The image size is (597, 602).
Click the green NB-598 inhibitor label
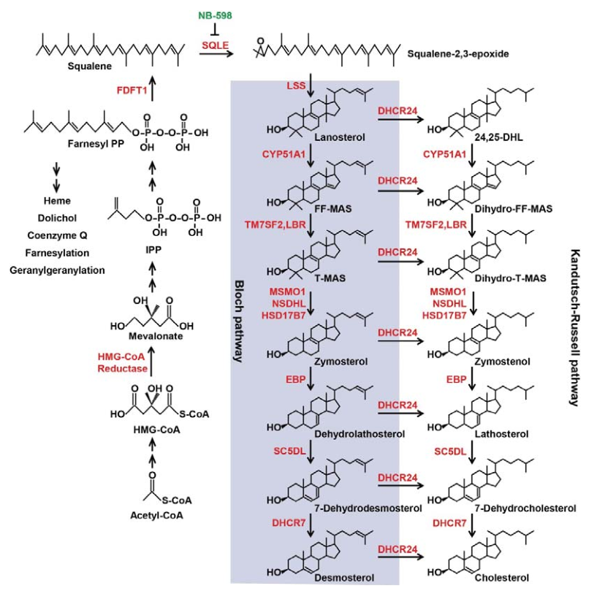pos(215,16)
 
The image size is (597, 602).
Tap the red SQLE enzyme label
pos(216,45)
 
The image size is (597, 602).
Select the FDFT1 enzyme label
pos(132,91)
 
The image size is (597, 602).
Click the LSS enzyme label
pos(296,85)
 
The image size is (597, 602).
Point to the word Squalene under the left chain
pos(90,66)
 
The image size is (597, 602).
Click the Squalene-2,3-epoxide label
pos(458,54)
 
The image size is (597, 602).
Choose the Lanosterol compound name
pos(340,137)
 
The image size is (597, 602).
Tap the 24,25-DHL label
pos(498,137)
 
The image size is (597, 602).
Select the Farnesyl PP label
pos(96,144)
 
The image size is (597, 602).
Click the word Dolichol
pos(57,218)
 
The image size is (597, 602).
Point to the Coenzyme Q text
pos(57,235)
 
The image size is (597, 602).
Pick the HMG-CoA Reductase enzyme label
pos(123,362)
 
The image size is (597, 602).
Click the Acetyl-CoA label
pos(156,515)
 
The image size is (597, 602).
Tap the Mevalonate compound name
pos(156,336)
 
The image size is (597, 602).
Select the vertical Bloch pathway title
pos(239,321)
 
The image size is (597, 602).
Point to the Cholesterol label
pos(502,578)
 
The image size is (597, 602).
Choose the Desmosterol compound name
pos(344,578)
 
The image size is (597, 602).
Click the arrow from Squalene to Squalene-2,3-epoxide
pos(216,53)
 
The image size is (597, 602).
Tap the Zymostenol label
pos(502,362)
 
